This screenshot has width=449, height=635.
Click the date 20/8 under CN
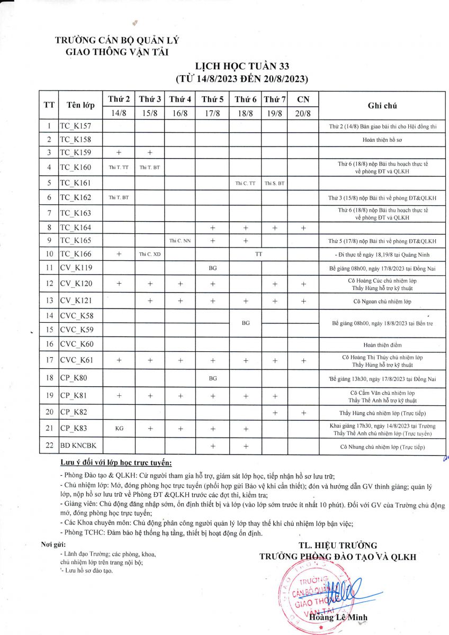pos(303,113)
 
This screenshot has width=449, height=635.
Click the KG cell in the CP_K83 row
pos(119,429)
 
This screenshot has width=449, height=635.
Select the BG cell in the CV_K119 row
pos(212,268)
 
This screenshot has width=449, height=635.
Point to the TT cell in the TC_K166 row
pos(258,254)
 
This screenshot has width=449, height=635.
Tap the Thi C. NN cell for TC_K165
pos(180,241)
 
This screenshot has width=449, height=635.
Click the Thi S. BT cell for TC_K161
pos(274,183)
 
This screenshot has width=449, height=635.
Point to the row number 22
pos(49,446)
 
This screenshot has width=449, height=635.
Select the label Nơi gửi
pos(53,545)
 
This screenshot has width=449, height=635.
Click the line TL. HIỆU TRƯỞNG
pos(337,546)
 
